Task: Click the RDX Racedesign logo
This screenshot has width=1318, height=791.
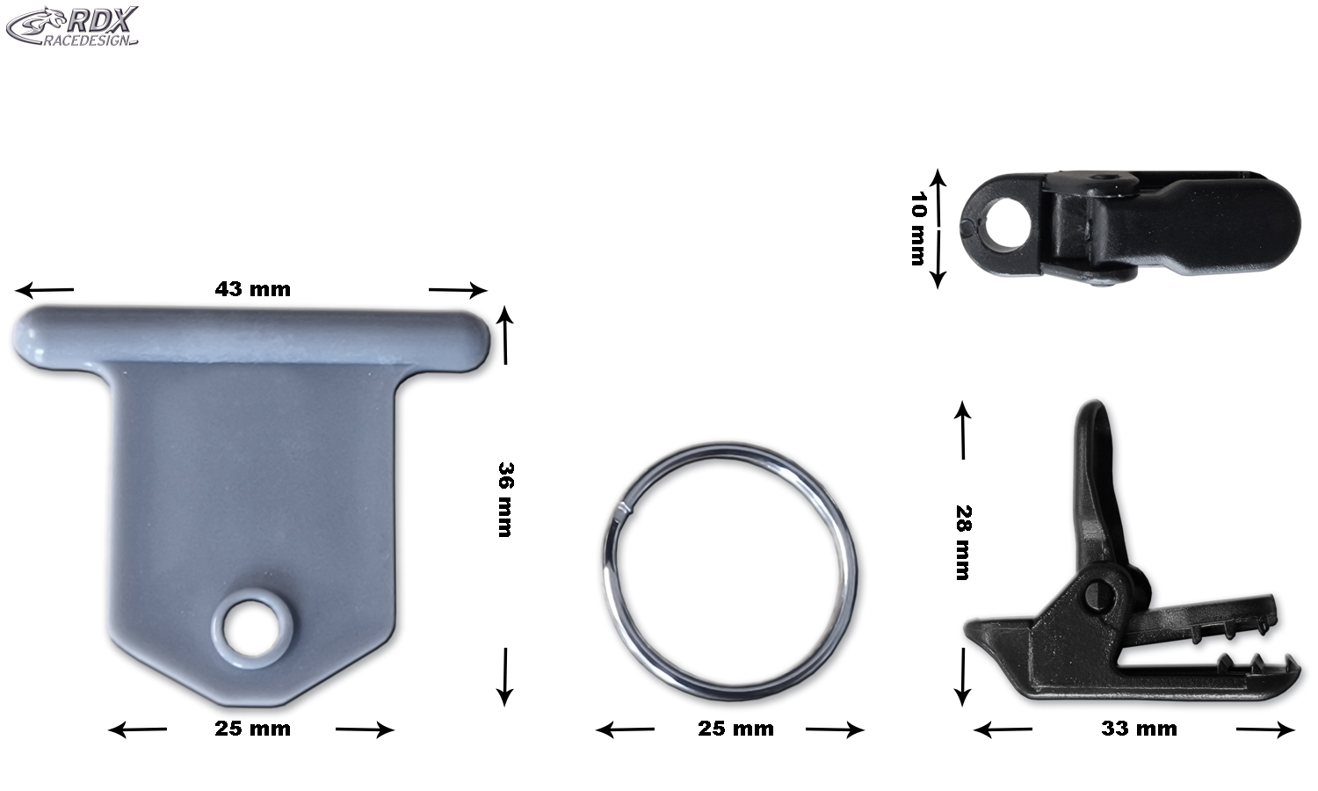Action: click(72, 25)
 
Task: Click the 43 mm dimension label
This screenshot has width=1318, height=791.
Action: click(253, 289)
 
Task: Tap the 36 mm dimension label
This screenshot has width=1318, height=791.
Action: click(505, 500)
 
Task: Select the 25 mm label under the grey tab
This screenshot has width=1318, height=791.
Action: click(253, 729)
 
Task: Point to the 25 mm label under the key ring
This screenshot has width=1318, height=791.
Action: click(736, 729)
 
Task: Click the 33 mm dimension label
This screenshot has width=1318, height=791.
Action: click(1139, 729)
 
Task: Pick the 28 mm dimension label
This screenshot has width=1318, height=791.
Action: click(963, 542)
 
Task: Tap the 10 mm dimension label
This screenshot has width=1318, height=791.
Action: click(918, 229)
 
